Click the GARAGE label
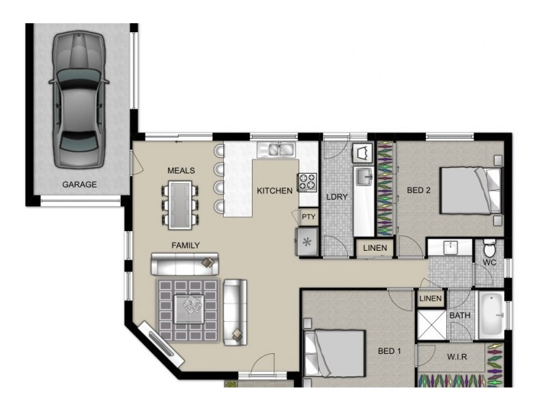[x=79, y=184]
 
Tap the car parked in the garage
[x=78, y=100]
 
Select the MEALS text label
[x=181, y=170]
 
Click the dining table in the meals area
[x=179, y=205]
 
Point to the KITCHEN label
[x=274, y=191]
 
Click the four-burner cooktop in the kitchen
[x=307, y=182]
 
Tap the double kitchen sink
[x=276, y=150]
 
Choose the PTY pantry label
[x=308, y=217]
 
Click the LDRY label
[x=336, y=197]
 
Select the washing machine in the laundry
[x=362, y=153]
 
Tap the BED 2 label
[x=418, y=190]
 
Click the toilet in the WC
[x=489, y=247]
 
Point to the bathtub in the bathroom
[x=491, y=316]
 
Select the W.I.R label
[x=457, y=357]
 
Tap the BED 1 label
[x=389, y=351]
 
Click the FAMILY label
[x=186, y=245]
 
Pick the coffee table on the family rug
[x=189, y=309]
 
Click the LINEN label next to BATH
[x=431, y=299]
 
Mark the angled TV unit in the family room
[x=161, y=344]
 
